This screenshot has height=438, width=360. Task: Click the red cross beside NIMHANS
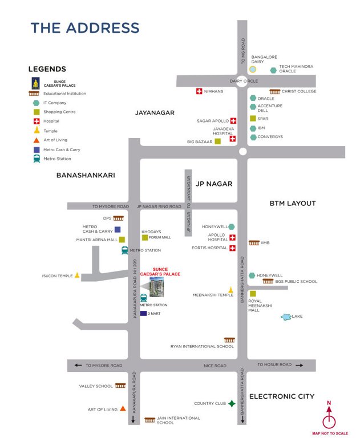coord(199,91)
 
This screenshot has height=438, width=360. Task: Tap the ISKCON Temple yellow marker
coord(77,276)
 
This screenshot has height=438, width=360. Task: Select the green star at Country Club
coord(232,404)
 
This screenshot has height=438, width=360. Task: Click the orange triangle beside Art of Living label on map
coord(123,409)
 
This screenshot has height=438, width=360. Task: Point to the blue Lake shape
coord(285,317)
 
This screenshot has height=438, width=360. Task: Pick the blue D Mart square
coord(143,313)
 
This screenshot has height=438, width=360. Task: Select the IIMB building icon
coord(254,243)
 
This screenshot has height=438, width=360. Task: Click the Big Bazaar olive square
coord(217,141)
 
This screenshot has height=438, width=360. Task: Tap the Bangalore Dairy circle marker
coord(252,69)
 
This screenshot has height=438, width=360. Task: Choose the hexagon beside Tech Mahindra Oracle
coord(273,70)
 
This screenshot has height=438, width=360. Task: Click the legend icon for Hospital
coord(37,121)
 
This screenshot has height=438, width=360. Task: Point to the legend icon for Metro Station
coord(37,159)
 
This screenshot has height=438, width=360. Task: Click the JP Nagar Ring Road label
coord(159,206)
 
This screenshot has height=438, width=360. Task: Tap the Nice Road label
coord(215,366)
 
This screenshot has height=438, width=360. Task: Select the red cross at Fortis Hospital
coord(233,248)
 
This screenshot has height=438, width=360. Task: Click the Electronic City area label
coord(282,396)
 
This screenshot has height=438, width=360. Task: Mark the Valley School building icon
coord(120,386)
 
